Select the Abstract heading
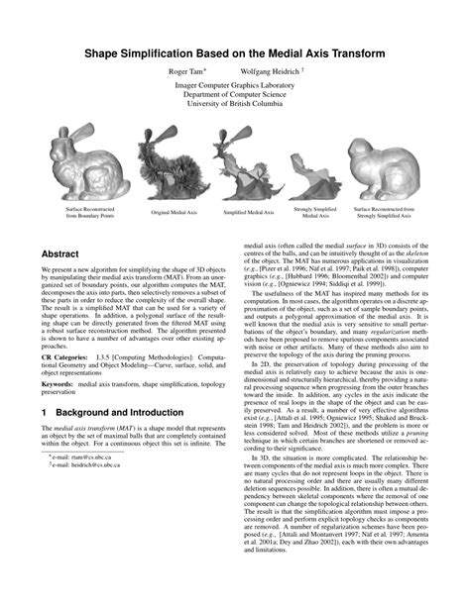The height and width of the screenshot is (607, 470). [61, 253]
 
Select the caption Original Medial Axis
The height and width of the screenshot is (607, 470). [174, 213]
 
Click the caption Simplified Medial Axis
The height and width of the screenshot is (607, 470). [248, 213]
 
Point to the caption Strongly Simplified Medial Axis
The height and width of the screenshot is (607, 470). [316, 212]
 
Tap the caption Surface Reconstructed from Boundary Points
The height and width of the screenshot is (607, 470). [90, 212]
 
